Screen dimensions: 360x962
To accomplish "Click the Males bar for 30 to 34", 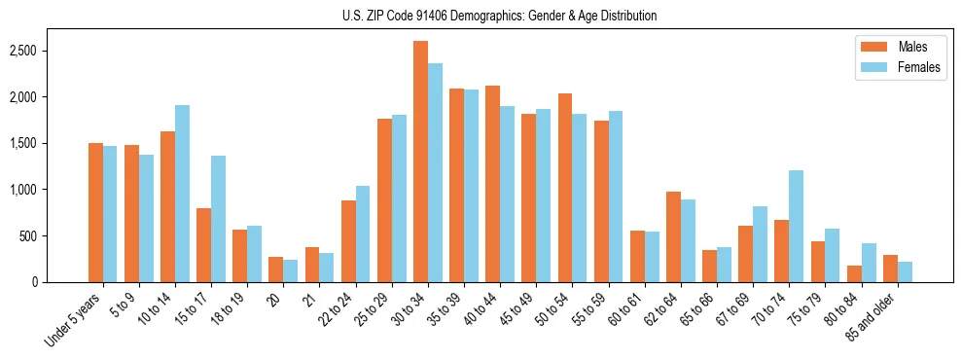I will point(420,162).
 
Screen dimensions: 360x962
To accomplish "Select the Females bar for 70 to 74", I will point(796,227).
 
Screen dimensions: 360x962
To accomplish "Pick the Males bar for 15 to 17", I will point(203,245).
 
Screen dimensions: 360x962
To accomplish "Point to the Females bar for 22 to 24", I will point(363,234).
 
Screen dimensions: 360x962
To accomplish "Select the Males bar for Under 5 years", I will point(95,213).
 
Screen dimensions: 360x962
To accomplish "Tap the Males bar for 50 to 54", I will point(565,188).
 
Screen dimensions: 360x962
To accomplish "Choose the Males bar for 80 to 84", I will point(854,273).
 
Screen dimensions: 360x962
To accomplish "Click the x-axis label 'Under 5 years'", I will point(74,319).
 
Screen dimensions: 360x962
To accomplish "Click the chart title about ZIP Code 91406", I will point(499,16).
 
